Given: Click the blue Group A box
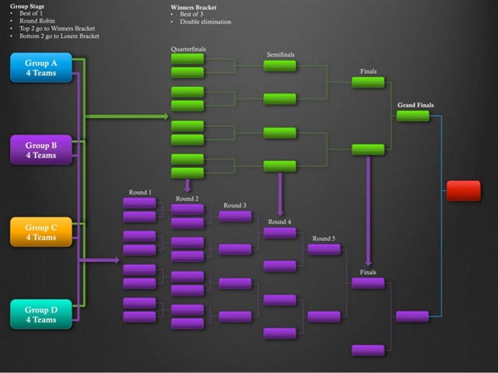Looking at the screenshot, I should click(40, 68).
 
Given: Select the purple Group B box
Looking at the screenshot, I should click(40, 150).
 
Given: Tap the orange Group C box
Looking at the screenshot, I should click(40, 232).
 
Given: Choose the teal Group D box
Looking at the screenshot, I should click(40, 314).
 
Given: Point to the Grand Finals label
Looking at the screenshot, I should click(416, 105).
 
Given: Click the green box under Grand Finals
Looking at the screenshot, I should click(412, 116).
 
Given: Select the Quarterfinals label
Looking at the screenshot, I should click(188, 49).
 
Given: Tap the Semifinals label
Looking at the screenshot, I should click(279, 54).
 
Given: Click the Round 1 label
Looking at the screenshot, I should click(140, 192).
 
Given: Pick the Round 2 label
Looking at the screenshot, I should click(187, 198).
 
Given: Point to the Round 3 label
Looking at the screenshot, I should click(235, 205).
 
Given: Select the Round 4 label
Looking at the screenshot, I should click(279, 221).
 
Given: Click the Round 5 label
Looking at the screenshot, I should click(324, 239).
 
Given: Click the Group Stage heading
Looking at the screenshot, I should click(26, 6).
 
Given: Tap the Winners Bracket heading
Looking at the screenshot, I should click(195, 6).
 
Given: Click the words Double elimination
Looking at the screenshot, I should click(205, 22).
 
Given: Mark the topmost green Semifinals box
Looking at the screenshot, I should click(279, 66).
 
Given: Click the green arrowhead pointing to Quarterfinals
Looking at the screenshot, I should click(166, 117).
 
